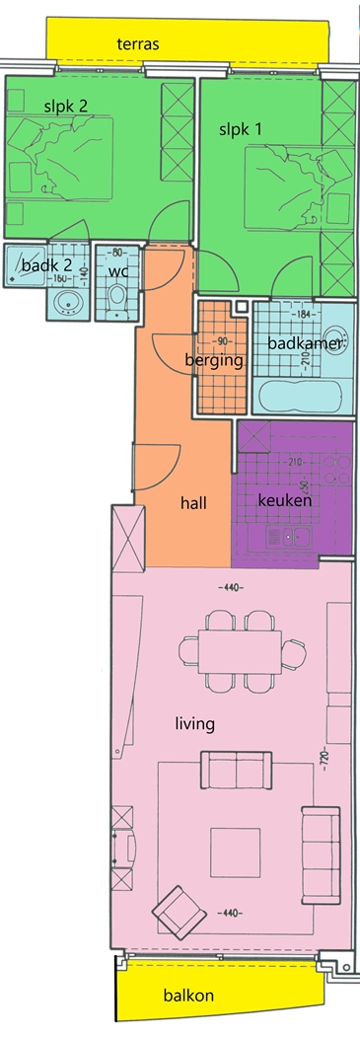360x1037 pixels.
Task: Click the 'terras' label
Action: [139, 44]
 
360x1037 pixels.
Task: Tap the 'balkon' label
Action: [188, 996]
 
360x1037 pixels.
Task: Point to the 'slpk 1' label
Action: [240, 129]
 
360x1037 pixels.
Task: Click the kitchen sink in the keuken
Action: [289, 537]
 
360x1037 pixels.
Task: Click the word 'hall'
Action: [193, 503]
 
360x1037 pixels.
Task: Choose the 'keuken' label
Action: [285, 500]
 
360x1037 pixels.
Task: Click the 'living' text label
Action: [195, 723]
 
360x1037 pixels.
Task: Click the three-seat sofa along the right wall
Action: [321, 855]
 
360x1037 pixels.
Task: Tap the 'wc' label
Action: [117, 270]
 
